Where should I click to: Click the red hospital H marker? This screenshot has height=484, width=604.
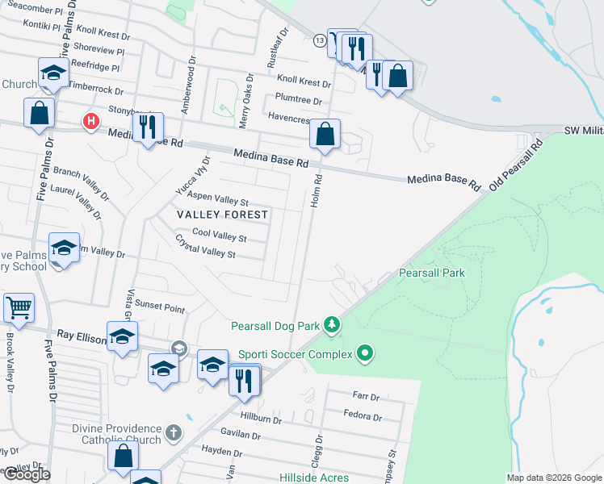tap(91, 122)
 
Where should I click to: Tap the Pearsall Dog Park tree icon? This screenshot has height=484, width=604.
tap(331, 325)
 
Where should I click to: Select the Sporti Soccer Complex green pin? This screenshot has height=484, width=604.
tap(365, 353)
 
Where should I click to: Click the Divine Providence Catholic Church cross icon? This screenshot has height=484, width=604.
tap(173, 434)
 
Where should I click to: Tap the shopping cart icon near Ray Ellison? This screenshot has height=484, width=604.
tap(19, 307)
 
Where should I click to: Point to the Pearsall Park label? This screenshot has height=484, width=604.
tap(432, 273)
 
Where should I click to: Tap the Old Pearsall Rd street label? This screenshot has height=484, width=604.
tap(518, 164)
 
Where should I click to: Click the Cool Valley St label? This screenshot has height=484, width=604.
tap(219, 236)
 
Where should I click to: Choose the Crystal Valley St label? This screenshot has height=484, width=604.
tap(205, 247)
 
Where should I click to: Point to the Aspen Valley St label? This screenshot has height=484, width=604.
tap(217, 198)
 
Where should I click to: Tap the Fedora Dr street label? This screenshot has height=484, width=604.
tap(363, 417)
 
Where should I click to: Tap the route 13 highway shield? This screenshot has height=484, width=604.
tap(321, 40)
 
